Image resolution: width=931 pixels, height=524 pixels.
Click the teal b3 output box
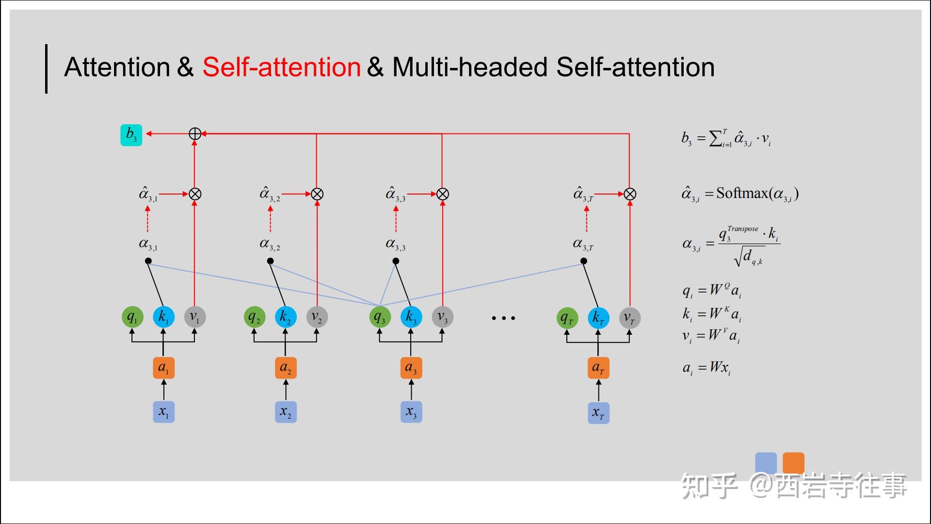tap(131, 135)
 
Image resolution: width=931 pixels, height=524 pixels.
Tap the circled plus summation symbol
tap(194, 133)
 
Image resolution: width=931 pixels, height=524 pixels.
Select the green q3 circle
tap(380, 317)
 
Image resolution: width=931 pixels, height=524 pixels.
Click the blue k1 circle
tap(163, 317)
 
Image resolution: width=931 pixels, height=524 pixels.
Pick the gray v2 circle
tap(317, 317)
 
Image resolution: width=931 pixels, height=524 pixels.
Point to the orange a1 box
tap(163, 367)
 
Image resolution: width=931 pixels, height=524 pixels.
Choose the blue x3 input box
tap(411, 412)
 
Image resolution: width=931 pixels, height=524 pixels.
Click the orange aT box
tap(598, 367)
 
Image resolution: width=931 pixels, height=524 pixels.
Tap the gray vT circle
tap(629, 318)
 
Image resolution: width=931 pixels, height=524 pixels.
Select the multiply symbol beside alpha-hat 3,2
tap(317, 194)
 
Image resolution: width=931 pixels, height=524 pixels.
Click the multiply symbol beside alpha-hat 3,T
tap(629, 194)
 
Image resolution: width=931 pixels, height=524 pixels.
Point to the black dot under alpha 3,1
tap(148, 261)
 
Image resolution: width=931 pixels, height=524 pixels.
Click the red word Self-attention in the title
tap(281, 67)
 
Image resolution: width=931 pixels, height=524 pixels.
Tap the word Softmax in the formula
tap(742, 193)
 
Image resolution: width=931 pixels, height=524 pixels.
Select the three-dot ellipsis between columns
tap(503, 318)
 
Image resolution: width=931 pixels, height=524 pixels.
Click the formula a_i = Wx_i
tap(706, 368)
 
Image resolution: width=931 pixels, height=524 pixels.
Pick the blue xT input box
tap(598, 413)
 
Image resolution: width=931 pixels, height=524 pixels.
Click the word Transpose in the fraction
tap(742, 229)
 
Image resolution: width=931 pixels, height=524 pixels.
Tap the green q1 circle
tap(132, 317)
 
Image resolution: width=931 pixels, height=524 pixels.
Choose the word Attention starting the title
tap(117, 67)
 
